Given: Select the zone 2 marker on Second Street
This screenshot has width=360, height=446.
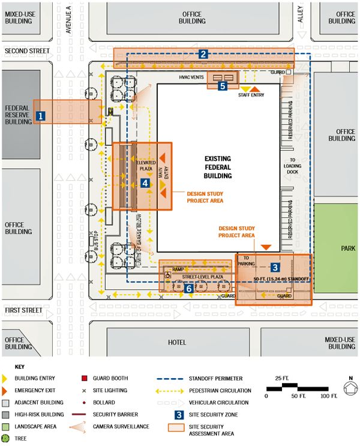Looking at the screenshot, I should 204,55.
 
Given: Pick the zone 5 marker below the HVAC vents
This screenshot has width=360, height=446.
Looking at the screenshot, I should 223,86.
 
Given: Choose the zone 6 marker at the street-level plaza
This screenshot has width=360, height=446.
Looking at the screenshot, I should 189,289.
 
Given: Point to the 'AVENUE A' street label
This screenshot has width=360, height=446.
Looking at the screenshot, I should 69,15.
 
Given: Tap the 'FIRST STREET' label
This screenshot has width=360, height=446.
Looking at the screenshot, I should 24,310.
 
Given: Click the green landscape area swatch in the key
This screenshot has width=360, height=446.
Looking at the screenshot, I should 6,426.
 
